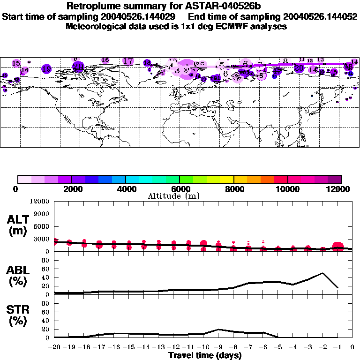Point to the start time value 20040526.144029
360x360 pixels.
point(142,16)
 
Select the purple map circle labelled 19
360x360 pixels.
point(46,69)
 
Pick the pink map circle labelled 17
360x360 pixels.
point(127,61)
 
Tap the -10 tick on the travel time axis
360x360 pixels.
point(203,348)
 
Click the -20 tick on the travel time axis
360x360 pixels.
point(54,348)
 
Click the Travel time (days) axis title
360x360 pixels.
point(205,356)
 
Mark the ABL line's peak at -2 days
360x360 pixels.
point(322,273)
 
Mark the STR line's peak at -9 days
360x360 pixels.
point(218,330)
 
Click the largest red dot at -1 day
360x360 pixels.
point(338,247)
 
